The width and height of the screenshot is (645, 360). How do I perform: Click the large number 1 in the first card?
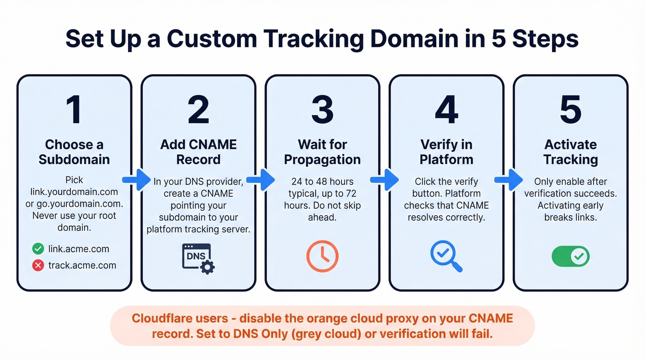[x=74, y=110]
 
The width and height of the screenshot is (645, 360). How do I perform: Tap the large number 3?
[x=322, y=110]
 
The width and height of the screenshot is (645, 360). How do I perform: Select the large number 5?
[x=570, y=110]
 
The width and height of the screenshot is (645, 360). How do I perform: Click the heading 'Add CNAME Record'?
[x=198, y=152]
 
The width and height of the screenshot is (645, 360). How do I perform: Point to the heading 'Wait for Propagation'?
[x=322, y=152]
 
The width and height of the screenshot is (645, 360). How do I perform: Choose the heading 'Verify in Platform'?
[x=446, y=152]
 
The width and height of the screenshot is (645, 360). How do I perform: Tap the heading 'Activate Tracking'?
[x=570, y=152]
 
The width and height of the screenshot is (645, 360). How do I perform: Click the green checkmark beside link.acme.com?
[x=38, y=249]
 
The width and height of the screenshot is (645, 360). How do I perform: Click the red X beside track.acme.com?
[x=38, y=266]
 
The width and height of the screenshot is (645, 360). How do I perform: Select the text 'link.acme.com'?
[x=78, y=249]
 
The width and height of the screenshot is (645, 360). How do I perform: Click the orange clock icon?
[x=322, y=256]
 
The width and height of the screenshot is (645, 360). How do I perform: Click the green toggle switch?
[x=570, y=256]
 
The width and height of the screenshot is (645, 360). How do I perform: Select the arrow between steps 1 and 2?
[x=136, y=179]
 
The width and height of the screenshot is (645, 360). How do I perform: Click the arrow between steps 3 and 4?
[x=385, y=179]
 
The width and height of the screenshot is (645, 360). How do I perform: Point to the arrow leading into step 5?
[x=509, y=179]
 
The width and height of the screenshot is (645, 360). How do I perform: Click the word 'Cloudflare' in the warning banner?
[x=162, y=319]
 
